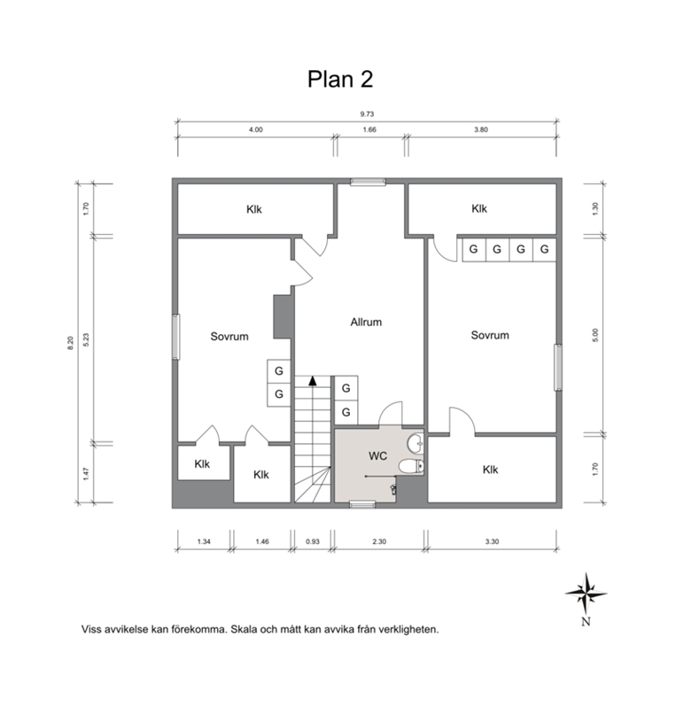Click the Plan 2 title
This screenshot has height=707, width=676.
(340, 80)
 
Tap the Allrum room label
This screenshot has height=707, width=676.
(366, 322)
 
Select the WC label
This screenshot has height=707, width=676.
(377, 456)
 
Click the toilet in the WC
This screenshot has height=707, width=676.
(411, 466)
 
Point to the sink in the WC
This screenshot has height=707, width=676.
(416, 443)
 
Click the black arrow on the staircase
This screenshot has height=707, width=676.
(313, 381)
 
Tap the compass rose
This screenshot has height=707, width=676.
(586, 594)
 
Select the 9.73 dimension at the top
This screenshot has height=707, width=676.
(367, 114)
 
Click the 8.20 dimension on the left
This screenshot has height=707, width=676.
(70, 344)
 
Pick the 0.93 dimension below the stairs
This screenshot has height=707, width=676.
(313, 541)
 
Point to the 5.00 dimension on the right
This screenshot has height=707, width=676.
(594, 335)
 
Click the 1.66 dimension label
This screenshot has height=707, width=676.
(369, 129)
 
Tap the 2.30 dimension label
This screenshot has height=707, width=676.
(379, 541)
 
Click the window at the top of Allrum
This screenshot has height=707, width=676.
(369, 183)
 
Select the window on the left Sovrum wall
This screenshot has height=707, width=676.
(176, 337)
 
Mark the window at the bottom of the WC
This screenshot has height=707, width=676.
(362, 504)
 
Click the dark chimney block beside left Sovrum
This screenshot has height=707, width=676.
(283, 316)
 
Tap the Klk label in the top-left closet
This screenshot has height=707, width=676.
(254, 209)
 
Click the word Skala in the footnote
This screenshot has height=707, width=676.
(243, 629)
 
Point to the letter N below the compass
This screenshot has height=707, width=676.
(586, 621)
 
